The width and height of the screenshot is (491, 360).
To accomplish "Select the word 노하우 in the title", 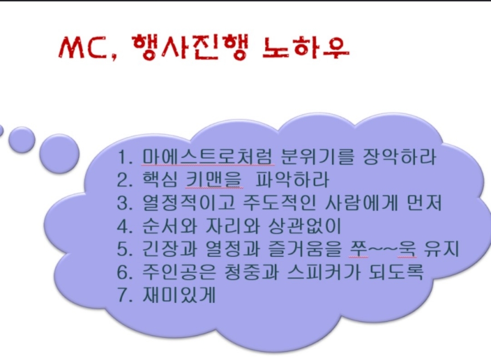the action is point(306,48).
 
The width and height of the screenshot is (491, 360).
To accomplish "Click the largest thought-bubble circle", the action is point(59,153).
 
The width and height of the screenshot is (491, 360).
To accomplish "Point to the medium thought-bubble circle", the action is point(22,140).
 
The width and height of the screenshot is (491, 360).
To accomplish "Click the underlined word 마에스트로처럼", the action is point(208,156).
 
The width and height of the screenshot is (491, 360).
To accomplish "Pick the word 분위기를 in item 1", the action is point(317,156).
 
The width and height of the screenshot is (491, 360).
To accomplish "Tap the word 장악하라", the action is point(399,156).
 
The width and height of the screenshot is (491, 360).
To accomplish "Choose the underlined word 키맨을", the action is point(214,179).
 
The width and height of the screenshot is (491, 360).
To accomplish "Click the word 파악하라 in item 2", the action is point(292,179).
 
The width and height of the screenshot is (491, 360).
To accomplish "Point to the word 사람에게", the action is point(361,202).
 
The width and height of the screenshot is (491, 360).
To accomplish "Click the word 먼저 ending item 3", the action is point(424,202).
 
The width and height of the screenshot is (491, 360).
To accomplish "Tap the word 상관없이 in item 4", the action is point(304,226).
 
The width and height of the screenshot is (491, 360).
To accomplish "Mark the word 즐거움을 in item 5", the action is point(304,249).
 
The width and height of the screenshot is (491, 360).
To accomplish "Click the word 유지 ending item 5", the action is point(441,249).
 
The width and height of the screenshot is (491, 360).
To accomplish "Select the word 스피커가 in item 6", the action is point(324,272).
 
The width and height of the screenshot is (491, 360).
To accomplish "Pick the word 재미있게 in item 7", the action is point(179,295).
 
